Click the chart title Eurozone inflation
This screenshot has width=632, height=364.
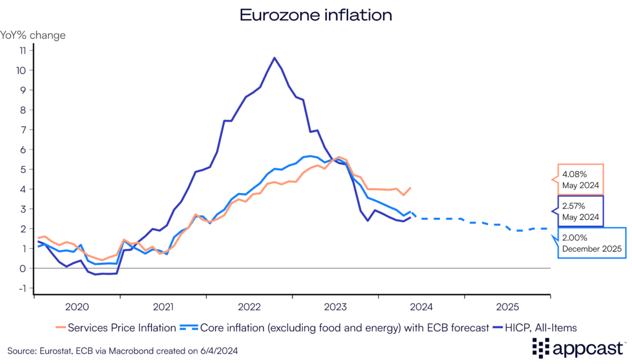(315, 15)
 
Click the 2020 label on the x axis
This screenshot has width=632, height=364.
(77, 306)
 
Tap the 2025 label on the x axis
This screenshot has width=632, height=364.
(507, 306)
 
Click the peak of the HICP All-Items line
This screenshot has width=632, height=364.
(274, 58)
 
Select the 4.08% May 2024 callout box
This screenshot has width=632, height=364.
(580, 180)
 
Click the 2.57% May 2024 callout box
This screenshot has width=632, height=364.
(580, 211)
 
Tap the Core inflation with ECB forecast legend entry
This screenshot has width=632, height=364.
(327, 327)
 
